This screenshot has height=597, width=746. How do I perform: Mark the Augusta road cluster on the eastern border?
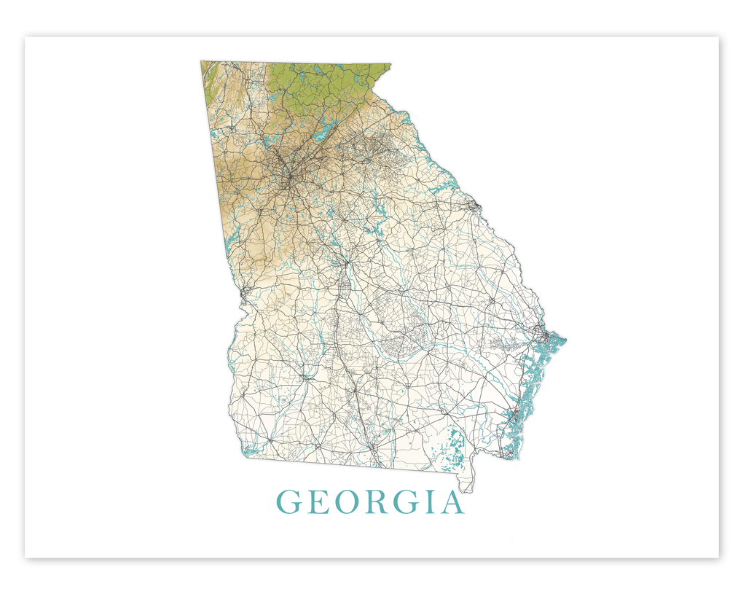[475, 206]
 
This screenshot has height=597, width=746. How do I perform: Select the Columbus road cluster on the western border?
[243, 292]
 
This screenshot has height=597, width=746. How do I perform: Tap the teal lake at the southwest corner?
[250, 450]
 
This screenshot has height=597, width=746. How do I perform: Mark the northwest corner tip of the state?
[202, 62]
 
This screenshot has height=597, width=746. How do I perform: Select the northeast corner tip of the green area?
[390, 65]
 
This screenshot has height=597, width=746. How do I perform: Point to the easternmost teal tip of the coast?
[565, 339]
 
